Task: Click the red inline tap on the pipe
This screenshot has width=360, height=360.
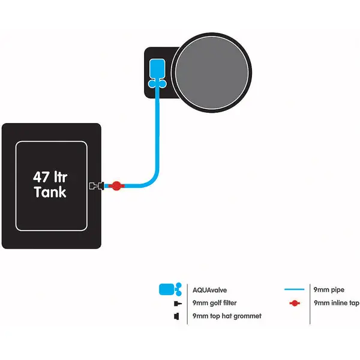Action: click(x=116, y=186)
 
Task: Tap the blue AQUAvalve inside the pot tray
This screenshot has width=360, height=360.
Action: click(x=157, y=68)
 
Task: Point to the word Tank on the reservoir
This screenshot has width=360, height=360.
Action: click(x=50, y=193)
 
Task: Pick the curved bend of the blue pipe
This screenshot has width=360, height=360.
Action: click(x=152, y=179)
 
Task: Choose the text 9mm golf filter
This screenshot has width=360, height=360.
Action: click(x=216, y=303)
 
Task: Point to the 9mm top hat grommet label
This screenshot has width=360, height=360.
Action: click(x=227, y=316)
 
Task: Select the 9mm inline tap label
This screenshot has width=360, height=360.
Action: click(x=336, y=303)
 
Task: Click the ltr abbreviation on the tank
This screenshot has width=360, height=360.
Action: click(x=65, y=178)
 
